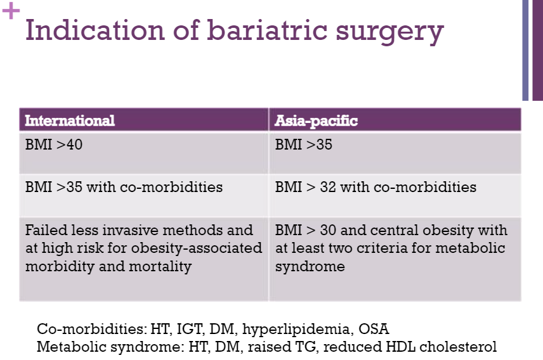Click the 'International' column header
coord(69,120)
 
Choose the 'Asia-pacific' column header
coord(316,120)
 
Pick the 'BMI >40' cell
coord(54,145)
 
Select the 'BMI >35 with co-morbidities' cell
coord(124,188)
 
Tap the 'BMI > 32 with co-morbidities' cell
coord(376,188)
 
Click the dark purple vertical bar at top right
coord(537,50)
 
